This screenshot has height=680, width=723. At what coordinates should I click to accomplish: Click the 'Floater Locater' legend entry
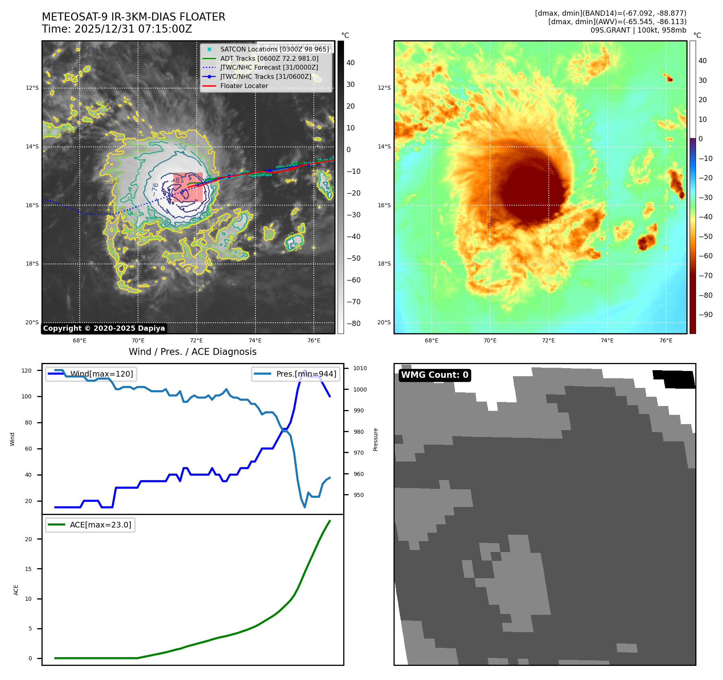[244, 86]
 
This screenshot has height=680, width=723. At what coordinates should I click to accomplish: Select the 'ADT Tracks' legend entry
[269, 58]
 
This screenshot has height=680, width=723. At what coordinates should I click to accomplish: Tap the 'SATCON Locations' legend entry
[274, 49]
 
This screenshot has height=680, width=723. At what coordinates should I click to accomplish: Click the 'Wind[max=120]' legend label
[101, 374]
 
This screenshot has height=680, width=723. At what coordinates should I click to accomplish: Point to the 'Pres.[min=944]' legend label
[306, 374]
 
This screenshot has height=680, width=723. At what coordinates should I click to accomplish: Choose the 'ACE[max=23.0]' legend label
[101, 525]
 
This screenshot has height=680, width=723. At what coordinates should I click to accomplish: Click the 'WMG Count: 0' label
[435, 375]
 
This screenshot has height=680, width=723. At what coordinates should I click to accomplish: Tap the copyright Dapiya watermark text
[104, 328]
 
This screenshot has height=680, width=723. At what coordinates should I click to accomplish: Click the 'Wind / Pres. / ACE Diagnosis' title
[192, 352]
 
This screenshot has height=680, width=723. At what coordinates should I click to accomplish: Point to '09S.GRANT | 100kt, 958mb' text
[638, 30]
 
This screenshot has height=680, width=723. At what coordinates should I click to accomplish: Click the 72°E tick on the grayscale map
[196, 340]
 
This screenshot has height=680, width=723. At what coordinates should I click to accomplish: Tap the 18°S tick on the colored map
[384, 264]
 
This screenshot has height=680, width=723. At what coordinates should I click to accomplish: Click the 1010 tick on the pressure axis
[360, 368]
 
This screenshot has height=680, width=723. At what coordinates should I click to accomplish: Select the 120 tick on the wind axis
[27, 371]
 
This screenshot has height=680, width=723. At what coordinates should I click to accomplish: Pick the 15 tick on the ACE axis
[28, 569]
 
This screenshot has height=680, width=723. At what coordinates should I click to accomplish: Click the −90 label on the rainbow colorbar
[705, 315]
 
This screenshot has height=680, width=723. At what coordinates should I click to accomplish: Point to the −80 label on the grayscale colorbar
[354, 324]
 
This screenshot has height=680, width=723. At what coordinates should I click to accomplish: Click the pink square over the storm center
[188, 188]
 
